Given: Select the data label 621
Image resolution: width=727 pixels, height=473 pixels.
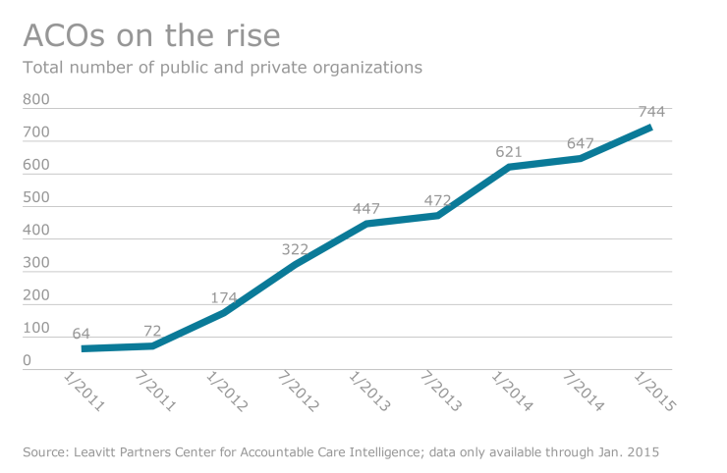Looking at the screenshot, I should pos(508,152).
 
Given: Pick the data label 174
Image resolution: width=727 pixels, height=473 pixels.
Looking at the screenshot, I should pos(225,297).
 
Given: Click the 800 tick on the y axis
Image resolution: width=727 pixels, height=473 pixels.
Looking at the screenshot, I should pos(36,100).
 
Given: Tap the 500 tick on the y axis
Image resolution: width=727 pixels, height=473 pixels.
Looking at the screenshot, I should pos(36,197).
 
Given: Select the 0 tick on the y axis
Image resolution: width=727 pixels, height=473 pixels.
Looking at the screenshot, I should pos(28,360).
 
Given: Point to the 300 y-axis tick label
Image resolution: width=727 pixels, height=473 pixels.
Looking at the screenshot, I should pos(36,263).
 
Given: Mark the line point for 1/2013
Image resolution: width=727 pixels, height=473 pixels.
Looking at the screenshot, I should pos(366,224).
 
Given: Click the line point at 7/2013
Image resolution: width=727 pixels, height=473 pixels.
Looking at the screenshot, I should pos(437,215).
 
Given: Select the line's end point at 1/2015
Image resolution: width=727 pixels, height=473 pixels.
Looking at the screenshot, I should pos(649,128).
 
